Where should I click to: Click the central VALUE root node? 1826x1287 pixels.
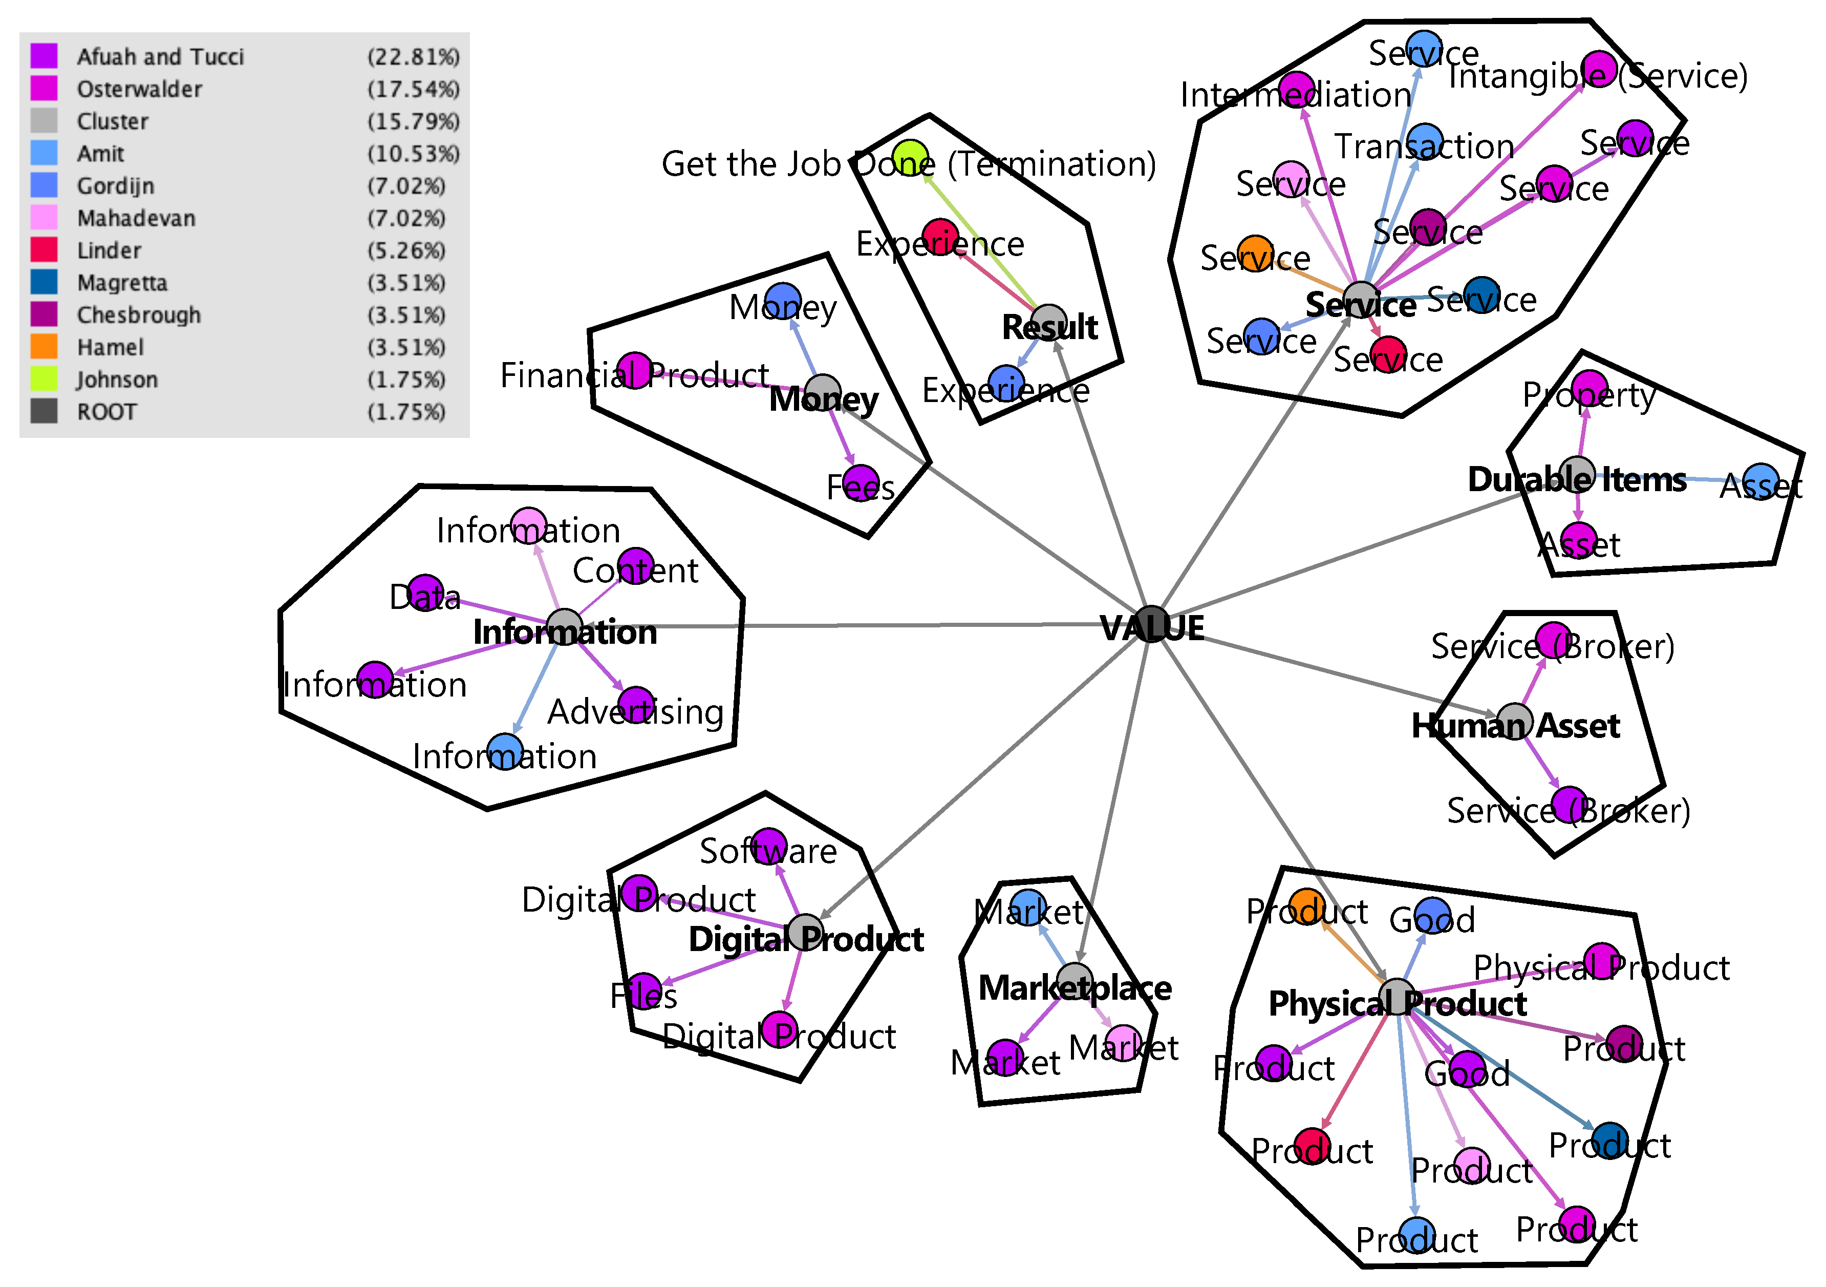[1151, 624]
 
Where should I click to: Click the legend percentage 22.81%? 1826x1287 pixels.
[413, 56]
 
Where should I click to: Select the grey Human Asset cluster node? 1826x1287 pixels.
[1514, 721]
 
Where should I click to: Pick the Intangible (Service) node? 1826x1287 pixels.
[1599, 69]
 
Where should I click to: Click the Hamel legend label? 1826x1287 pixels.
[111, 348]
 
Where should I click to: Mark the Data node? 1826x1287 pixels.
[425, 593]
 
